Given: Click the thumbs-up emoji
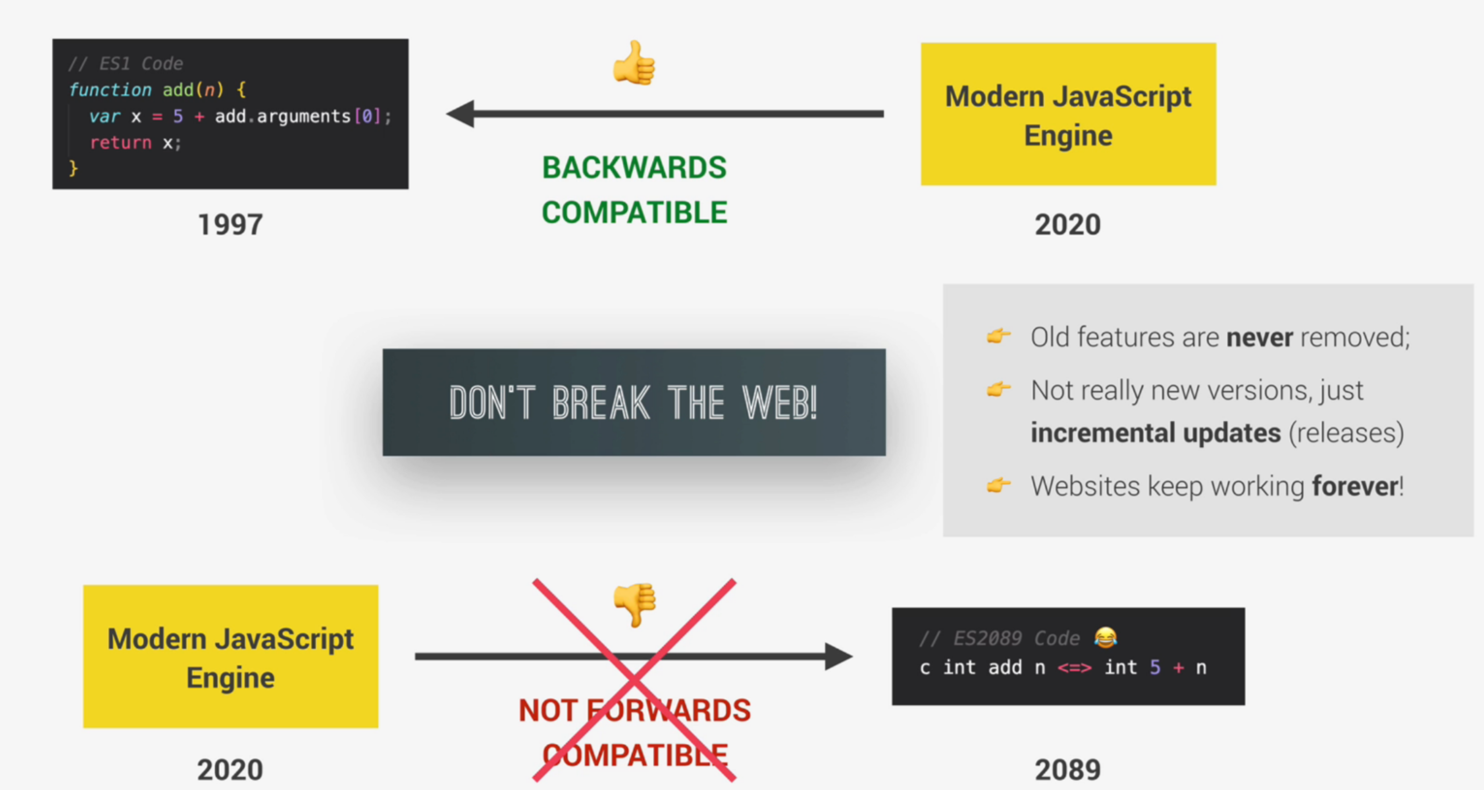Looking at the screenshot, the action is click(x=634, y=63).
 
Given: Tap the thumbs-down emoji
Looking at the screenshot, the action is click(x=634, y=604).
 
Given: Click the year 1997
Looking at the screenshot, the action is click(x=230, y=224).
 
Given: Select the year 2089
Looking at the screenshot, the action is click(x=1068, y=769).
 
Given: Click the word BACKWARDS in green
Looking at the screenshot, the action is click(x=634, y=168).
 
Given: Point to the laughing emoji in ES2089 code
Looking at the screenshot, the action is click(x=1105, y=637).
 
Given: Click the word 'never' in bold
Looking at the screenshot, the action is click(x=1259, y=337).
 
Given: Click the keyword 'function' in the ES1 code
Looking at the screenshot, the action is click(x=110, y=90).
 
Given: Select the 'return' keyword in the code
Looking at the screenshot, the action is click(x=121, y=142).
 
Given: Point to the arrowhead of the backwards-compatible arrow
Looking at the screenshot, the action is click(x=461, y=113).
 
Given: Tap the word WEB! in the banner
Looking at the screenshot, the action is click(x=779, y=402).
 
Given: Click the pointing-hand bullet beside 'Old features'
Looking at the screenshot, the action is click(x=999, y=336).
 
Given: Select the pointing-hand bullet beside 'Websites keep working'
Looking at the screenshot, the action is click(x=999, y=486).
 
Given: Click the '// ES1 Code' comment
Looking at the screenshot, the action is click(x=126, y=63).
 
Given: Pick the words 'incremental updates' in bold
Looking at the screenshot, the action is click(x=1155, y=433).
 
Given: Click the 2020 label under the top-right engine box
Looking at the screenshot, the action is click(x=1068, y=224).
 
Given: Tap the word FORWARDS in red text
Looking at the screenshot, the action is click(x=668, y=710).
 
